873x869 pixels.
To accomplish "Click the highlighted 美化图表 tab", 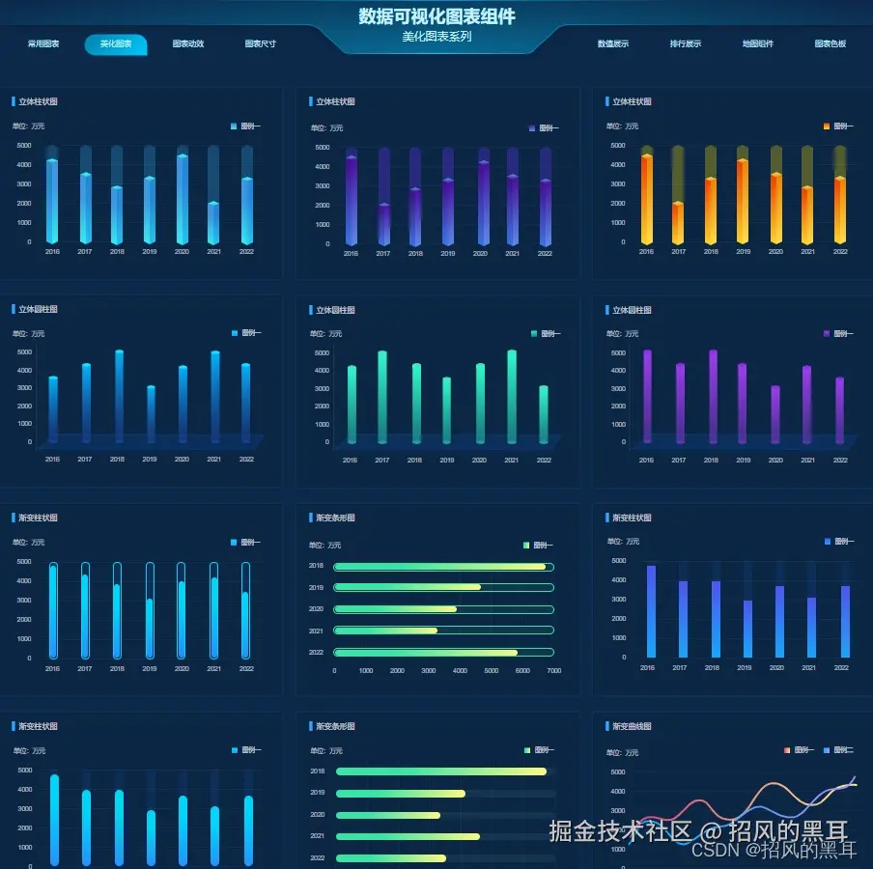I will (116, 44).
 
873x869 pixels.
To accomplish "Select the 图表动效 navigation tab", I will (188, 44).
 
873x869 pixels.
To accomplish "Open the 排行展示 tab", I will (686, 44).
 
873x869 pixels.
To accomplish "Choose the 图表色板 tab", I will (831, 44).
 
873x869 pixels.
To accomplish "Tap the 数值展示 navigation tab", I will (613, 44).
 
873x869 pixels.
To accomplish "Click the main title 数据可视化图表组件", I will (436, 16).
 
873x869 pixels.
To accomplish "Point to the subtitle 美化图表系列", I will (436, 38).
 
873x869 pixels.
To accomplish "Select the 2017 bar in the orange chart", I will (679, 222).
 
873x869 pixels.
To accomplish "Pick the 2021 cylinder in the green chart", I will (512, 396).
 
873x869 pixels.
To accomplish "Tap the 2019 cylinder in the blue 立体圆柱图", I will (151, 413).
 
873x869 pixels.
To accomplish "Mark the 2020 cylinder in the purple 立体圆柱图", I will (775, 413).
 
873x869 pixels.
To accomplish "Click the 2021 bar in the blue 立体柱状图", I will (213, 222).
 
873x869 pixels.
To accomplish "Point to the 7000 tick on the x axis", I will (553, 670).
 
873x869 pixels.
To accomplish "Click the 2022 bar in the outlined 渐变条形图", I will (426, 653).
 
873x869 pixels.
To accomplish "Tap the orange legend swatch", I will (827, 126).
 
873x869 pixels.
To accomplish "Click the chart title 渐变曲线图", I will (633, 726).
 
